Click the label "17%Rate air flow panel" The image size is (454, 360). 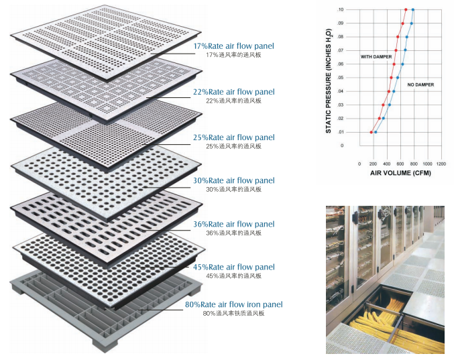click(233, 46)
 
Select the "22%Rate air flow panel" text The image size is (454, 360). click(233, 92)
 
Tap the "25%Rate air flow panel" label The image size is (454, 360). click(233, 137)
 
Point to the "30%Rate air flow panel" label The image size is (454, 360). click(233, 180)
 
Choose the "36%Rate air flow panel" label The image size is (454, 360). click(233, 224)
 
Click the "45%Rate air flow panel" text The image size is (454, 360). click(233, 267)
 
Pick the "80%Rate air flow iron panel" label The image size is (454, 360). click(233, 304)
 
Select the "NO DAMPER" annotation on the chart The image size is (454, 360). click(420, 85)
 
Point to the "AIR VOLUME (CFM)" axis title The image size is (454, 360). click(400, 173)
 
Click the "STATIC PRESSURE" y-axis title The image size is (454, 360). click(329, 80)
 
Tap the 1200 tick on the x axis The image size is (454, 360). click(441, 164)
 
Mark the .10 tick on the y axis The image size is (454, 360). click(341, 9)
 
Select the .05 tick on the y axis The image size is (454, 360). click(341, 78)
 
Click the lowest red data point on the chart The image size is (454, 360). click(371, 132)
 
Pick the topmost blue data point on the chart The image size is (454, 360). click(413, 9)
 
